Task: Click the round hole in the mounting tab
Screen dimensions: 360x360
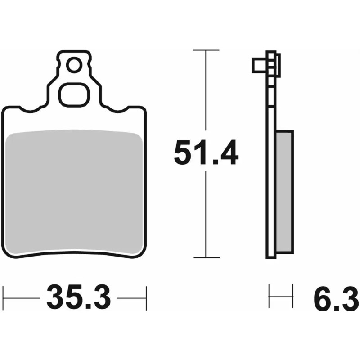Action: pyautogui.click(x=74, y=66)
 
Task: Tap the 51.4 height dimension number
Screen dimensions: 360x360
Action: pyautogui.click(x=206, y=153)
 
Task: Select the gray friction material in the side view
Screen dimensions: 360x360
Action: pyautogui.click(x=284, y=192)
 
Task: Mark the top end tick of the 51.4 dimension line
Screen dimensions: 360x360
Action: pyautogui.click(x=206, y=50)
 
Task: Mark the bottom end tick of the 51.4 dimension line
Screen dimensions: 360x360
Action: pyautogui.click(x=206, y=258)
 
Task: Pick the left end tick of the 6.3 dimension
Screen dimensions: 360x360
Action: pyautogui.click(x=269, y=296)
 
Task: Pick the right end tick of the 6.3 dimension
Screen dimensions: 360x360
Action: pyautogui.click(x=293, y=296)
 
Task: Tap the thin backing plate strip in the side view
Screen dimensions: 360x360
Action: pyautogui.click(x=271, y=180)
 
